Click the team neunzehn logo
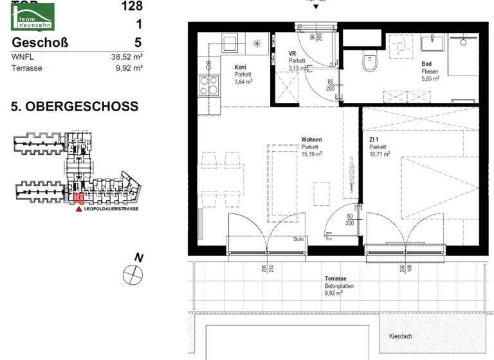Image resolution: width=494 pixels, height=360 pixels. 32,17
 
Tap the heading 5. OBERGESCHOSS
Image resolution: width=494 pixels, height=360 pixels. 75,107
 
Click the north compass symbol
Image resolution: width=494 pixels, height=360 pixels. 133,274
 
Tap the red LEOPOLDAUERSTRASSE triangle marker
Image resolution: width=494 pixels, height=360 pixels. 78,209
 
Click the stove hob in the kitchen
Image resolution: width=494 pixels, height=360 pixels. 208,85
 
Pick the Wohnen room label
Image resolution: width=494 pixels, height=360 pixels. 311,139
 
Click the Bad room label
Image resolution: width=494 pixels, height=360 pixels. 426,64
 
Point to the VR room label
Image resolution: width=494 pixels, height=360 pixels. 293,53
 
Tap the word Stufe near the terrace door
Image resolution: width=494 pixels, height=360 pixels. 298,239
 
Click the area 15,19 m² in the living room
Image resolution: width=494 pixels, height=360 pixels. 312,154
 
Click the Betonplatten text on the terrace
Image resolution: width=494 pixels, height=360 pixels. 340,286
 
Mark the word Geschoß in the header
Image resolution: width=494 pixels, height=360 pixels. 40,42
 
